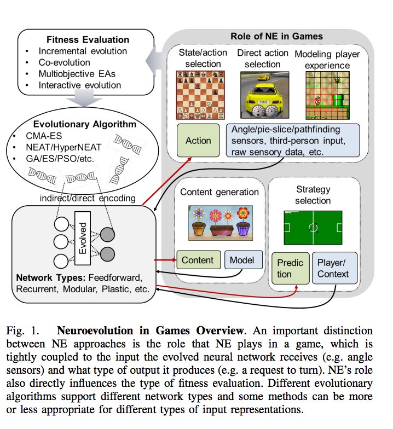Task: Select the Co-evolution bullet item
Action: [x=65, y=63]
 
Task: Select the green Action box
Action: [x=198, y=141]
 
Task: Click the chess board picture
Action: [x=199, y=95]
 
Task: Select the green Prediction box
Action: [x=290, y=267]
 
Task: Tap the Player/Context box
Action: [x=333, y=267]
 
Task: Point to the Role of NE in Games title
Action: [x=263, y=37]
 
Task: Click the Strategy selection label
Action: [x=313, y=195]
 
